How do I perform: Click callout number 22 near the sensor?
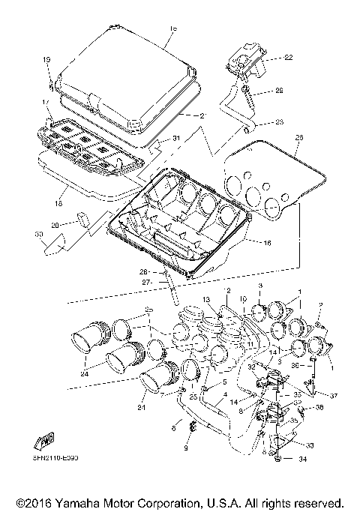[288, 57]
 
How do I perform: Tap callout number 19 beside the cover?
[46, 60]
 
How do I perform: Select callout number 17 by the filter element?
[46, 102]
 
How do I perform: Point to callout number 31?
[177, 138]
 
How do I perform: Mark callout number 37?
[334, 396]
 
